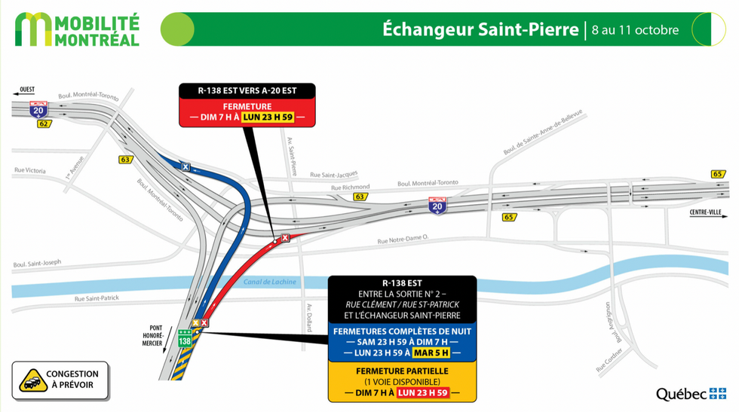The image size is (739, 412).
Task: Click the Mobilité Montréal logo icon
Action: [x=35, y=29]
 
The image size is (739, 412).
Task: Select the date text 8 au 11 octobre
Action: [x=635, y=30]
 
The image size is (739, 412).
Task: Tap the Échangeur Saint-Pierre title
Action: [x=480, y=29]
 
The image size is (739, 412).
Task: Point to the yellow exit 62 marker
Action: [x=44, y=123]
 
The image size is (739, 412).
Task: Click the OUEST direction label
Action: [x=27, y=90]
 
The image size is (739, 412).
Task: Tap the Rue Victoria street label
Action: [x=30, y=170]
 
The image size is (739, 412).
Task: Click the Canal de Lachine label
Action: [x=269, y=282]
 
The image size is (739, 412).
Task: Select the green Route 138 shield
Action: [x=185, y=340]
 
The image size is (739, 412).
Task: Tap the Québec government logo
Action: [x=690, y=393]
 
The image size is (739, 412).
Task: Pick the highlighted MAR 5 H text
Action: [x=431, y=352]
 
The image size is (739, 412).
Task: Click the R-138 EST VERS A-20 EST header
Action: [x=247, y=90]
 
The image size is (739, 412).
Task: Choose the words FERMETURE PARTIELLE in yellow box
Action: [x=402, y=371]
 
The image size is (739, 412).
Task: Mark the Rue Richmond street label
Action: [x=351, y=187]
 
